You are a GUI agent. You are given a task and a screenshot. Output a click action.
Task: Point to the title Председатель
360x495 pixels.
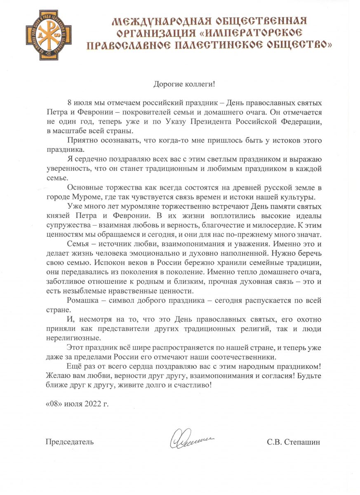(69, 442)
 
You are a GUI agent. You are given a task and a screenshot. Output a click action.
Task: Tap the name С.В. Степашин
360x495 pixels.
(293, 442)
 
